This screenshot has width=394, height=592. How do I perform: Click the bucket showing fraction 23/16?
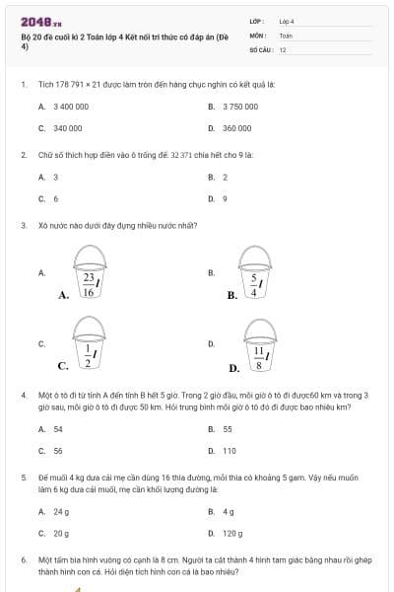pyautogui.click(x=90, y=271)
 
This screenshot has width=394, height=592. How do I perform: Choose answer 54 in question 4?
pyautogui.click(x=57, y=429)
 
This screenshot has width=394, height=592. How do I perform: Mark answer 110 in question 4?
pyautogui.click(x=229, y=451)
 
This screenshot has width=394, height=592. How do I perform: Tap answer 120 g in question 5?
pyautogui.click(x=232, y=533)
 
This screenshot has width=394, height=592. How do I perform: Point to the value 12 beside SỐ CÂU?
pyautogui.click(x=283, y=48)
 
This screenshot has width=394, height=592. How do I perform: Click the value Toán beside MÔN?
pyautogui.click(x=286, y=35)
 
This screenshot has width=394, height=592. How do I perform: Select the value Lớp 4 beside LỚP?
pyautogui.click(x=287, y=21)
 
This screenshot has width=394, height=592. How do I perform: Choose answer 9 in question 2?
pyautogui.click(x=225, y=198)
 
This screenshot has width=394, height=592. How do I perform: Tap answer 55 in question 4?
pyautogui.click(x=227, y=429)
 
